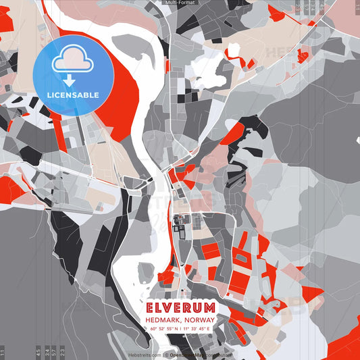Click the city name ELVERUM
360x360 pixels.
180,307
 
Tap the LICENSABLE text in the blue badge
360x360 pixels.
73,95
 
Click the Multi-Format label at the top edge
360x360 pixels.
180,3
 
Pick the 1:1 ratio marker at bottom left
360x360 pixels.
3,352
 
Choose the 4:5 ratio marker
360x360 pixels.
38,351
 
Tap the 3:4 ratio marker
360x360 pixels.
47,351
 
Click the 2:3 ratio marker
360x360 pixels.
63,351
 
